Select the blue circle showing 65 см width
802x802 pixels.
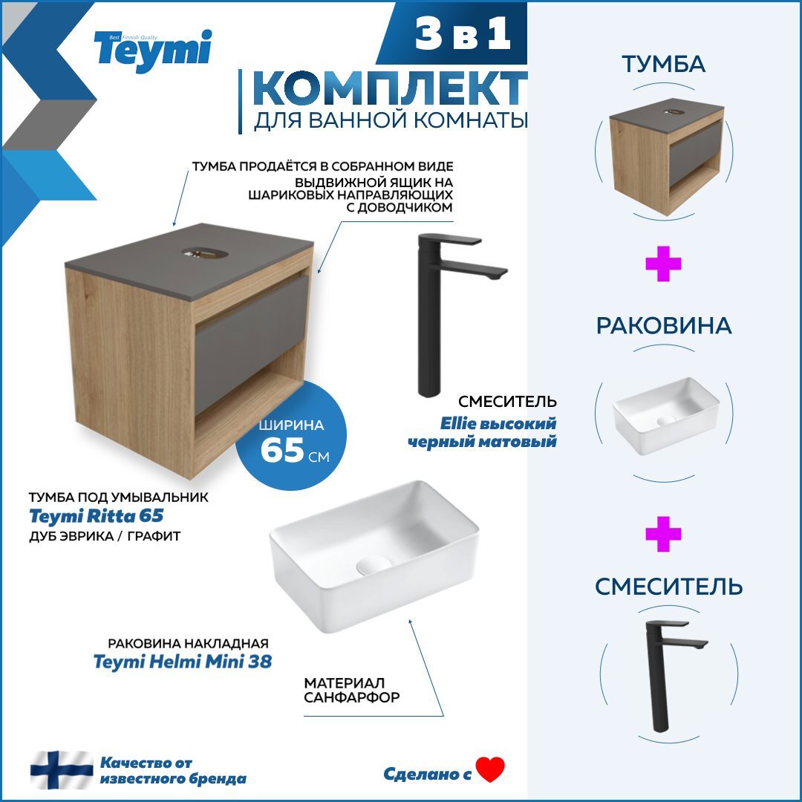(290, 438)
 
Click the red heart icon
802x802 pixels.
(490, 770)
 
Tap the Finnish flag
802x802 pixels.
(61, 770)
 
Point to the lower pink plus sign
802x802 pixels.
(663, 535)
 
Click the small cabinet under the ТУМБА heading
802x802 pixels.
(666, 160)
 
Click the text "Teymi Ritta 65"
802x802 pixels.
(96, 515)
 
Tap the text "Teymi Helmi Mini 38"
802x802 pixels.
(183, 661)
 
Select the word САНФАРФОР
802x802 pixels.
(352, 698)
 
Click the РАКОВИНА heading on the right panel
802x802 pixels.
(663, 325)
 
